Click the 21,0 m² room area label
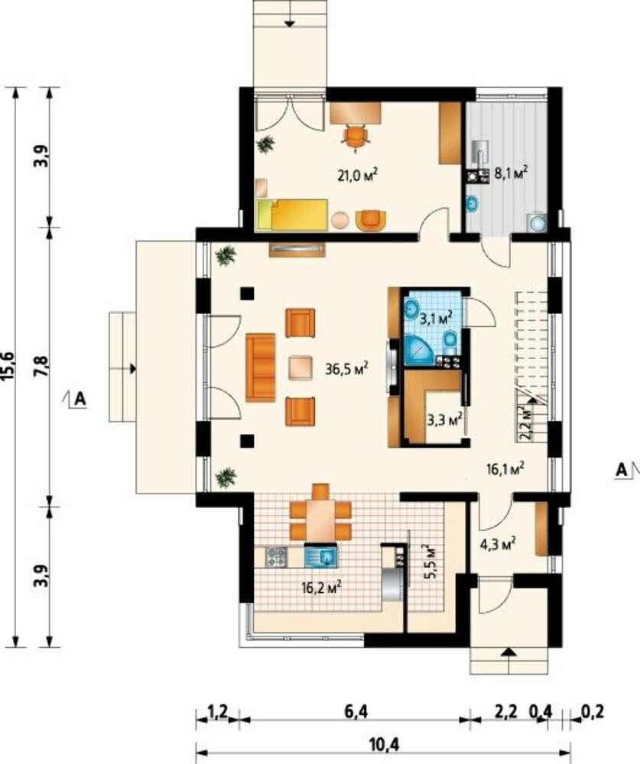(359, 176)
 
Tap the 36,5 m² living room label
(346, 369)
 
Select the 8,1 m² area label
(512, 173)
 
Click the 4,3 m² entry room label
(499, 544)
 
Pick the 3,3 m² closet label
(445, 419)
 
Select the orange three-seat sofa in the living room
(261, 367)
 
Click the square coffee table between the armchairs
(301, 367)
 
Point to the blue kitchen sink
(320, 556)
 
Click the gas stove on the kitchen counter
(276, 556)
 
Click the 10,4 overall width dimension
(383, 744)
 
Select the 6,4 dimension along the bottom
(356, 712)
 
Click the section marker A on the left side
(80, 400)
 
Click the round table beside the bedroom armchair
(340, 220)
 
